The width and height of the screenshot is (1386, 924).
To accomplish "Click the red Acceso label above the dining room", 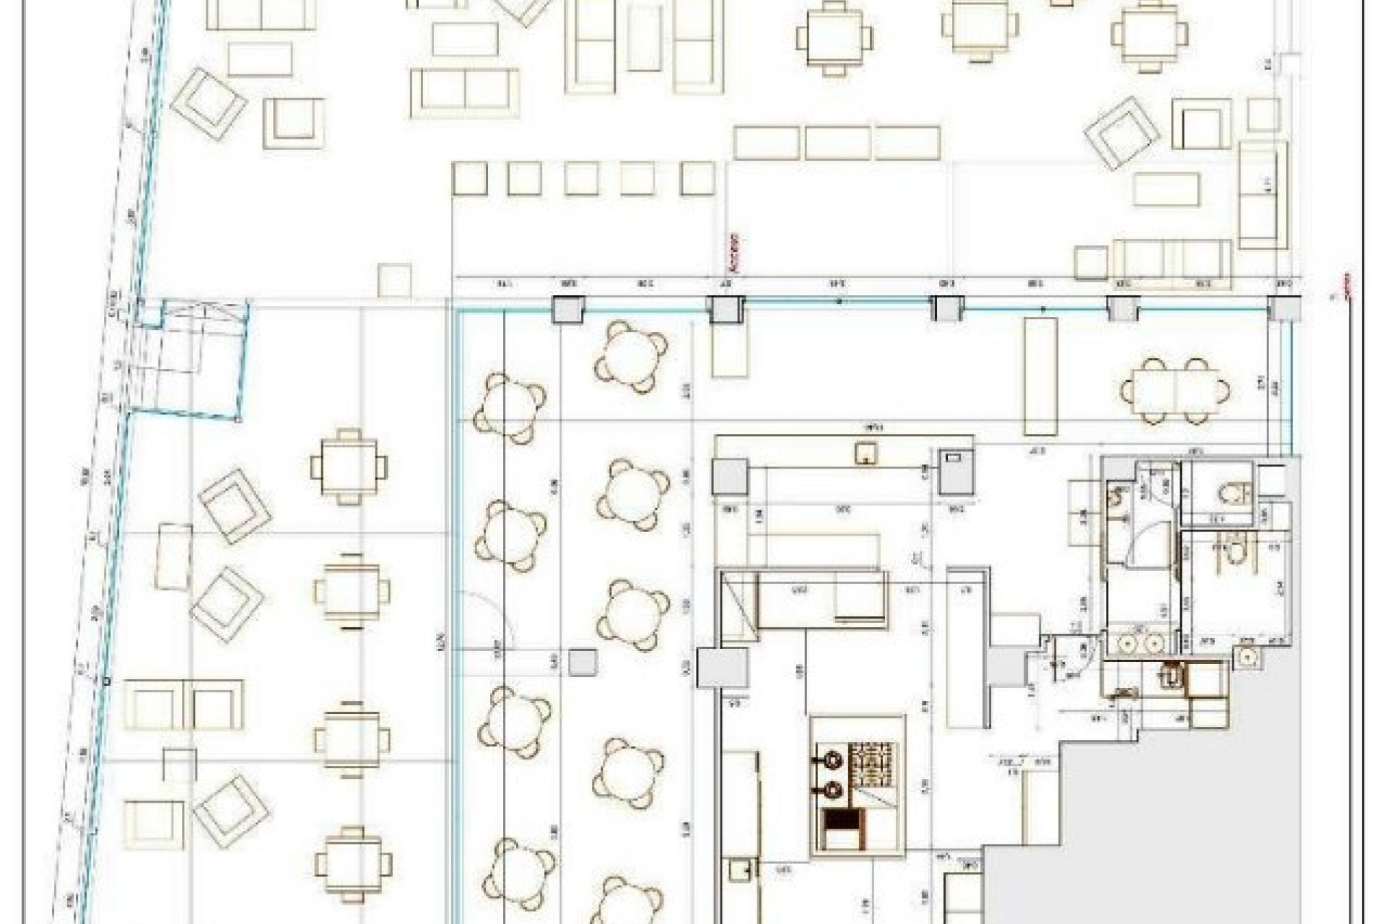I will point(736,252).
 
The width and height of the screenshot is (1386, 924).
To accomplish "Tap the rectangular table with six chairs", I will point(1175,391).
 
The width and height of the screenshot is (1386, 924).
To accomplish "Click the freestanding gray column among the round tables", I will point(583,663).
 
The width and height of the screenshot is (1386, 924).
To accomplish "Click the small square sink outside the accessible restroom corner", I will point(1247,655).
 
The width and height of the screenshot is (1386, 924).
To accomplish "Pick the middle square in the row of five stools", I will point(581,178).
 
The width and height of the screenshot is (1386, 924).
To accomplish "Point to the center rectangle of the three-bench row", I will point(837,143).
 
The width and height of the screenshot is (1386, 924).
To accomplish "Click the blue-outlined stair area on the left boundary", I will point(191,359).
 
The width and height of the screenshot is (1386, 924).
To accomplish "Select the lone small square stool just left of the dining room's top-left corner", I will point(395,280).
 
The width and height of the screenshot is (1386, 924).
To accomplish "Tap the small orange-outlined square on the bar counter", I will point(866,453).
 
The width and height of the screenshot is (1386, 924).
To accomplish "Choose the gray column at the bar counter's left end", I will point(729,476).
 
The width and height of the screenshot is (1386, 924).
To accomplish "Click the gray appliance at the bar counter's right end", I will point(956,473).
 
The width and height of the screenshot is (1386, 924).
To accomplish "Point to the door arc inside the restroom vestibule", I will point(1148,543).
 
